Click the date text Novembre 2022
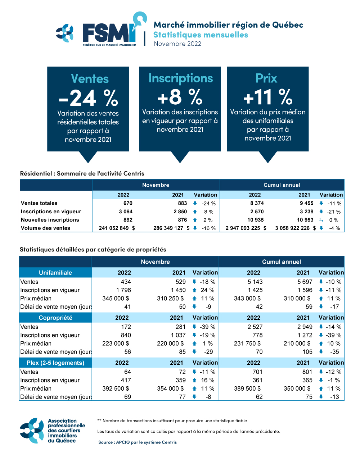177,44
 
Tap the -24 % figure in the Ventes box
88,98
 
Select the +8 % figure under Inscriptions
180,97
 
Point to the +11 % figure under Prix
268,97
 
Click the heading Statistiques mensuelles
201,35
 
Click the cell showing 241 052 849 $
117,228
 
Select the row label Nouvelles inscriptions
50,220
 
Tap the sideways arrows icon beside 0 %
321,220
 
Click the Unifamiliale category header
55,273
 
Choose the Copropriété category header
55,318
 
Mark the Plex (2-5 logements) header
55,363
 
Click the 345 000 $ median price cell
116,299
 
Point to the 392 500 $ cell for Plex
116,388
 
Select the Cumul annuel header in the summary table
282,185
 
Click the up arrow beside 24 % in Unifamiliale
194,290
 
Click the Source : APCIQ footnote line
138,442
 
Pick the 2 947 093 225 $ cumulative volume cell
246,228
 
